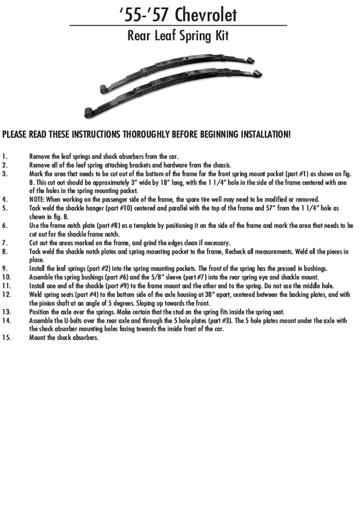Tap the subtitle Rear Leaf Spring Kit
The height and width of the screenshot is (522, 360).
tap(178, 35)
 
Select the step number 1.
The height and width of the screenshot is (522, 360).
tap(4, 155)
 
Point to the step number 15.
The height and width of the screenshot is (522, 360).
tap(7, 338)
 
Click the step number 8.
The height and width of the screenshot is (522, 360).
tap(5, 252)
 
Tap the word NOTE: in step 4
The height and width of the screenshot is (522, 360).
tap(38, 199)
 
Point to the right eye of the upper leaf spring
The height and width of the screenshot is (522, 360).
tap(250, 60)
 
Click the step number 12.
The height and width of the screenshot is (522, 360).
tap(7, 295)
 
